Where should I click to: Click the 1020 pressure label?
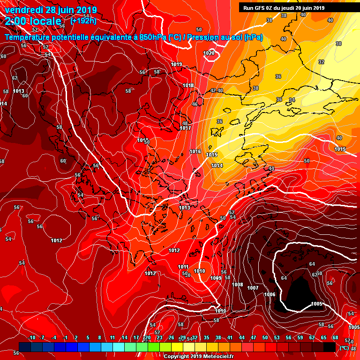pos(209,53)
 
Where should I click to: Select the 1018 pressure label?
pos(188,85)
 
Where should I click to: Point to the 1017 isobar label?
pos(186,128)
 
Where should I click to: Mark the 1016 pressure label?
pos(195,151)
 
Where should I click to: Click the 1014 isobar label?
pos(217,165)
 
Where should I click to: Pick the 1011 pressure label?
pos(183,267)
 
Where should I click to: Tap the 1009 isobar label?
pos(216,278)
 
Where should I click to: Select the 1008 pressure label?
pos(238,285)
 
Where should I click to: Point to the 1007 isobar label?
pos(253,287)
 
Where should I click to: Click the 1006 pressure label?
pos(270,294)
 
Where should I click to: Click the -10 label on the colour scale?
pos(32,337)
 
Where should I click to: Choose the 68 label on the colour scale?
pos(335,337)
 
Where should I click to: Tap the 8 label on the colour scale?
pos(100,337)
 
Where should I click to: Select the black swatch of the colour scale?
pos(330,346)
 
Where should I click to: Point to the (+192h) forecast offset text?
pos(83,21)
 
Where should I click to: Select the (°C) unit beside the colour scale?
pos(344,347)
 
